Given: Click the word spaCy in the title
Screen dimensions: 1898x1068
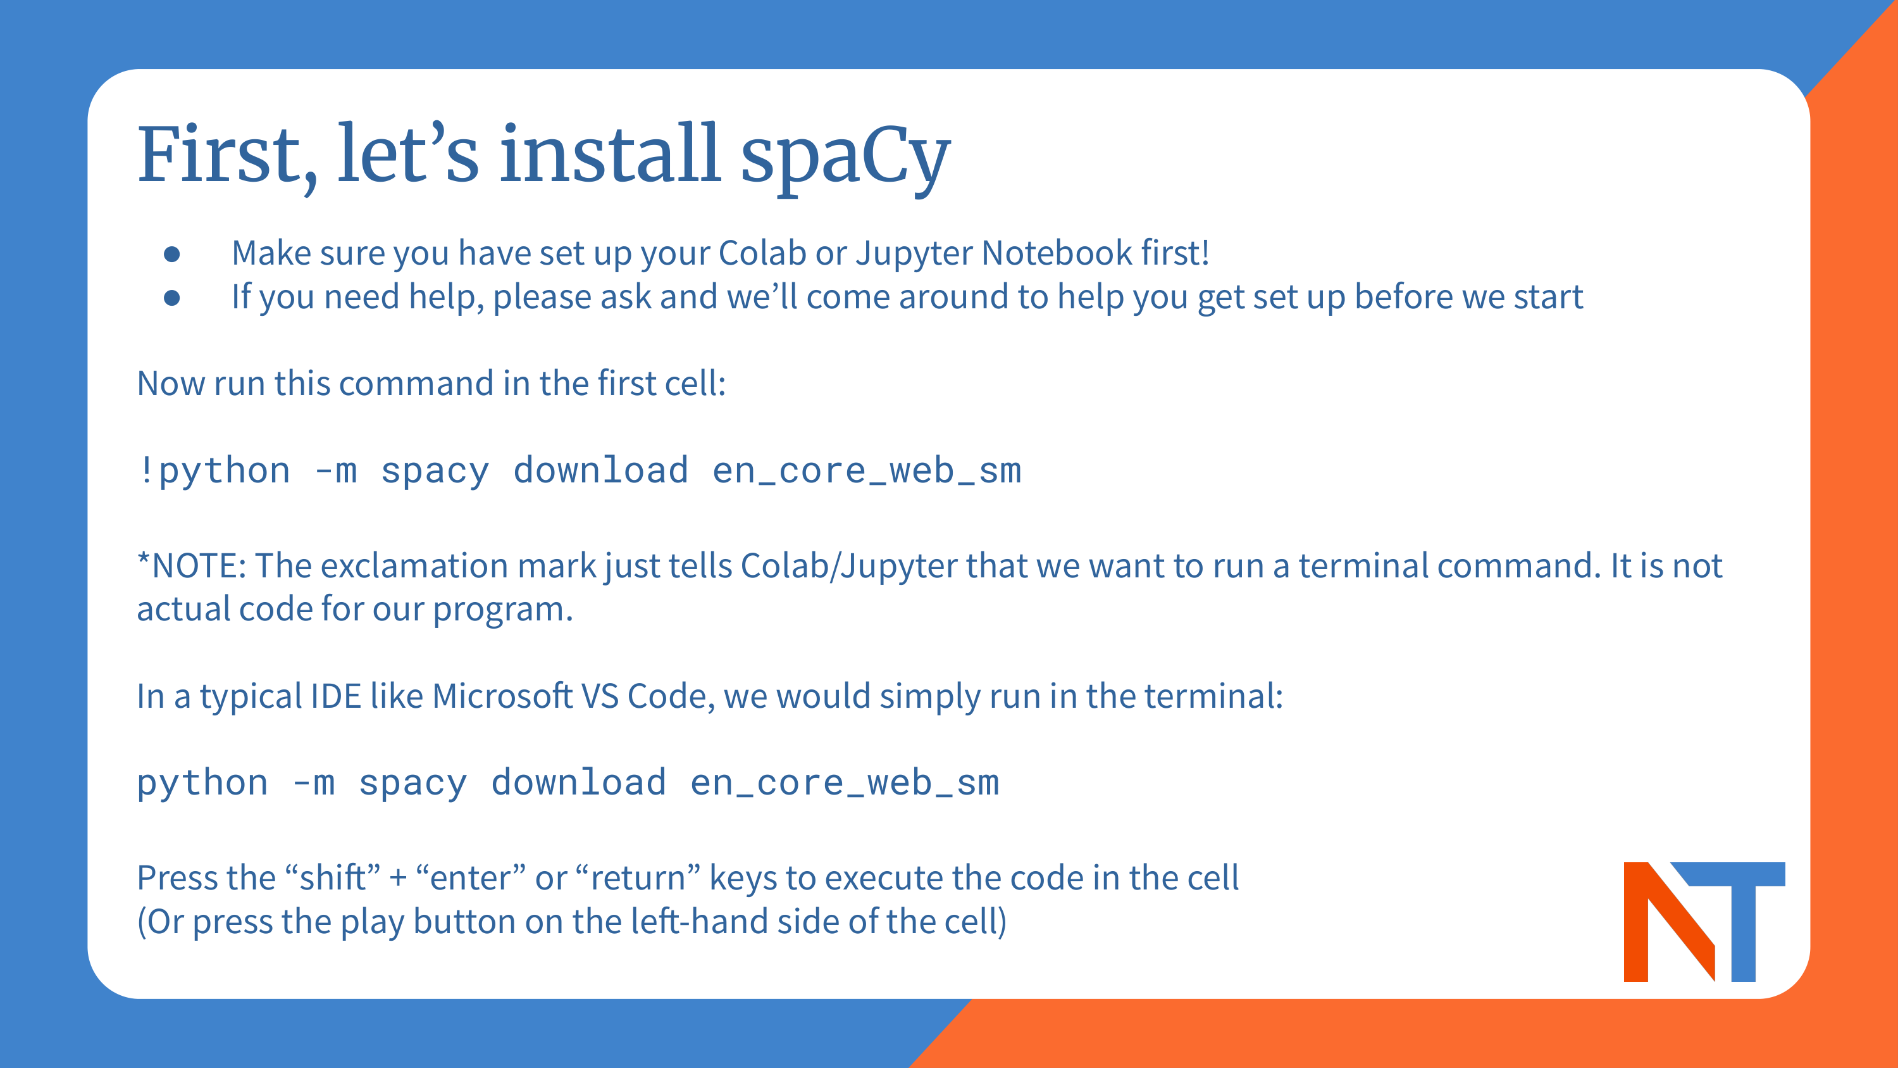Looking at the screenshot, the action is [845, 158].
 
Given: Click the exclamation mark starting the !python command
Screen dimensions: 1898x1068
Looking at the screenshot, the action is [146, 470].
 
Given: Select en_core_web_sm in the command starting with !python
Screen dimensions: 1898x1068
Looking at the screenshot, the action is [867, 471].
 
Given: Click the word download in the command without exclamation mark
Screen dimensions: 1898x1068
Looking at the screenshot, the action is [578, 782].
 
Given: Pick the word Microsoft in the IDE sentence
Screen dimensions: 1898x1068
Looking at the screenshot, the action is [502, 696].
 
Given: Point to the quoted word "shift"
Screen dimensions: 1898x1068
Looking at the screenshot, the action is [332, 878].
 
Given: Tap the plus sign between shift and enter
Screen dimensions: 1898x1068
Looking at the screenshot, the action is [398, 879].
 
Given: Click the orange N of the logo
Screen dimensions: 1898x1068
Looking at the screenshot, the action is [1669, 921].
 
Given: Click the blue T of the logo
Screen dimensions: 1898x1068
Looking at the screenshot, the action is [1736, 921].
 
